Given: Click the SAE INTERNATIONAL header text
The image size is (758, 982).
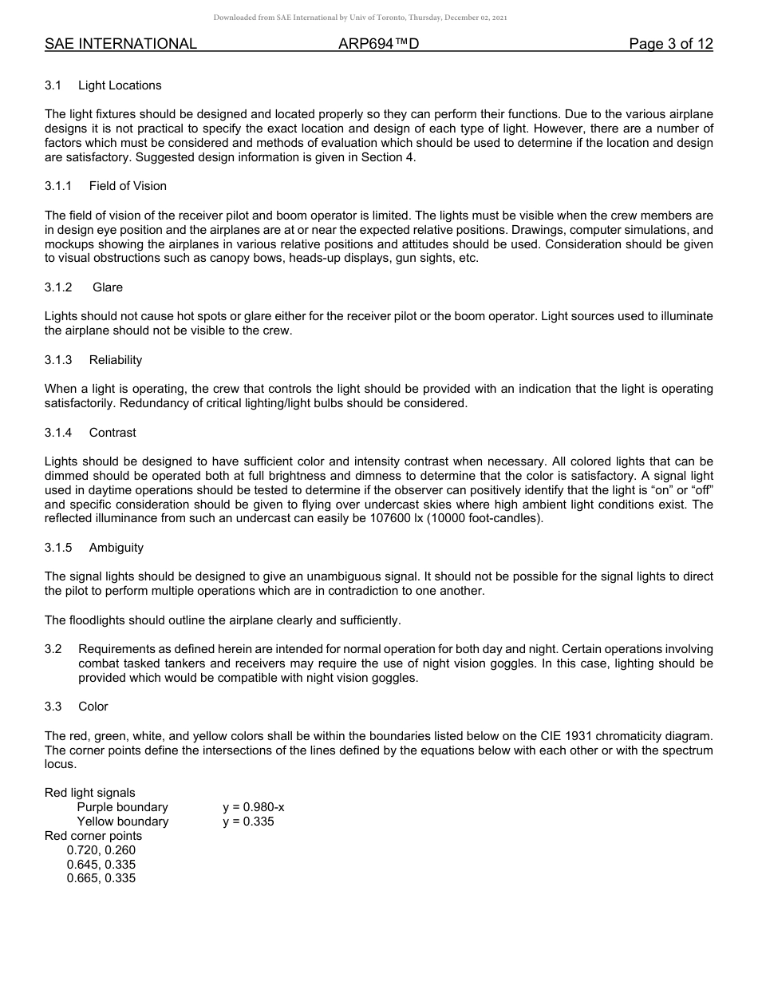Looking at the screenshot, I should coord(120,44).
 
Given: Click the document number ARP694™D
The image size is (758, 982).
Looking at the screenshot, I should coord(379,44).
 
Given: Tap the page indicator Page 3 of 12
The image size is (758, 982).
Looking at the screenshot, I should coord(670,44).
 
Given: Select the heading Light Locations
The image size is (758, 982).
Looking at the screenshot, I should coord(120,85).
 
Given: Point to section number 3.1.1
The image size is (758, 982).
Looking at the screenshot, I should coord(58,186).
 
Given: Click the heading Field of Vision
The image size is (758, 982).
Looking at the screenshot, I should coord(128,186).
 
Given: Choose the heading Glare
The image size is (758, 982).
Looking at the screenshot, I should coord(108,287).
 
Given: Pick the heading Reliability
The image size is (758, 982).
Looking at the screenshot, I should coord(116,360).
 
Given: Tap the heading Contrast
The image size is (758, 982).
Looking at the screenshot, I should coord(113,433).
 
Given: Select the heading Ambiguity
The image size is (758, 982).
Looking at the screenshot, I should coord(116,548).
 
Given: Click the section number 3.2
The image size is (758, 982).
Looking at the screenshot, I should coord(53,649).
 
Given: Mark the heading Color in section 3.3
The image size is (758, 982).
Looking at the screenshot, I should coord(93,707).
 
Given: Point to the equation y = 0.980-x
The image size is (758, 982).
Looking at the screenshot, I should coord(254,807).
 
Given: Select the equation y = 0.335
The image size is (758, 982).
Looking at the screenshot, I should coord(248,822).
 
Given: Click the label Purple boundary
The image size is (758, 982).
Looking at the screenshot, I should coord(122,807).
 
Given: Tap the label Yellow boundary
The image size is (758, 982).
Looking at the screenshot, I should coord(123,822).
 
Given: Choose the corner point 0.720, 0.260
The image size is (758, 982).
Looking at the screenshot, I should coord(101,850).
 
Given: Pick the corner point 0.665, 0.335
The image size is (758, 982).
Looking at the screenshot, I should coord(101,878).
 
